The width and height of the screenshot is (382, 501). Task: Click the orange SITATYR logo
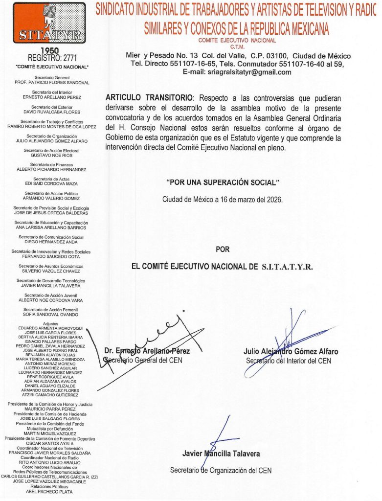pyautogui.click(x=49, y=23)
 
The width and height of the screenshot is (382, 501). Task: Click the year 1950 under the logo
pyautogui.click(x=49, y=51)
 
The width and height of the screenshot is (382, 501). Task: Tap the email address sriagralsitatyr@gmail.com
pyautogui.click(x=237, y=72)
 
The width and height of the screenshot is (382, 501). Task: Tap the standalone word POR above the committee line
pyautogui.click(x=223, y=250)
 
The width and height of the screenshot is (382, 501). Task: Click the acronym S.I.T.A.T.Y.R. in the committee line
pyautogui.click(x=287, y=267)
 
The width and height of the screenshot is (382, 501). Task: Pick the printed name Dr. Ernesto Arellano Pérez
pyautogui.click(x=147, y=351)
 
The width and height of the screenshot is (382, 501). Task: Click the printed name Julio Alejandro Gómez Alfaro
pyautogui.click(x=291, y=352)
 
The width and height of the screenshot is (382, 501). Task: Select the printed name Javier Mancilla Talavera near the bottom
pyautogui.click(x=221, y=454)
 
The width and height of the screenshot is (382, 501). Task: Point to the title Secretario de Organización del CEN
pyautogui.click(x=221, y=470)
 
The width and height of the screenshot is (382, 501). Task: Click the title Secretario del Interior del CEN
pyautogui.click(x=288, y=361)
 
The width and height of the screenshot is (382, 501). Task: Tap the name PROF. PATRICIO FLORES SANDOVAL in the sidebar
pyautogui.click(x=52, y=83)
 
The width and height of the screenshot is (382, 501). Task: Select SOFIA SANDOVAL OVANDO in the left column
pyautogui.click(x=51, y=314)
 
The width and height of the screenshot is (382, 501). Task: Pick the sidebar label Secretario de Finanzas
pyautogui.click(x=51, y=164)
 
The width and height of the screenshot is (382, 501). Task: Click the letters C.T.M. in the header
pyautogui.click(x=237, y=47)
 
